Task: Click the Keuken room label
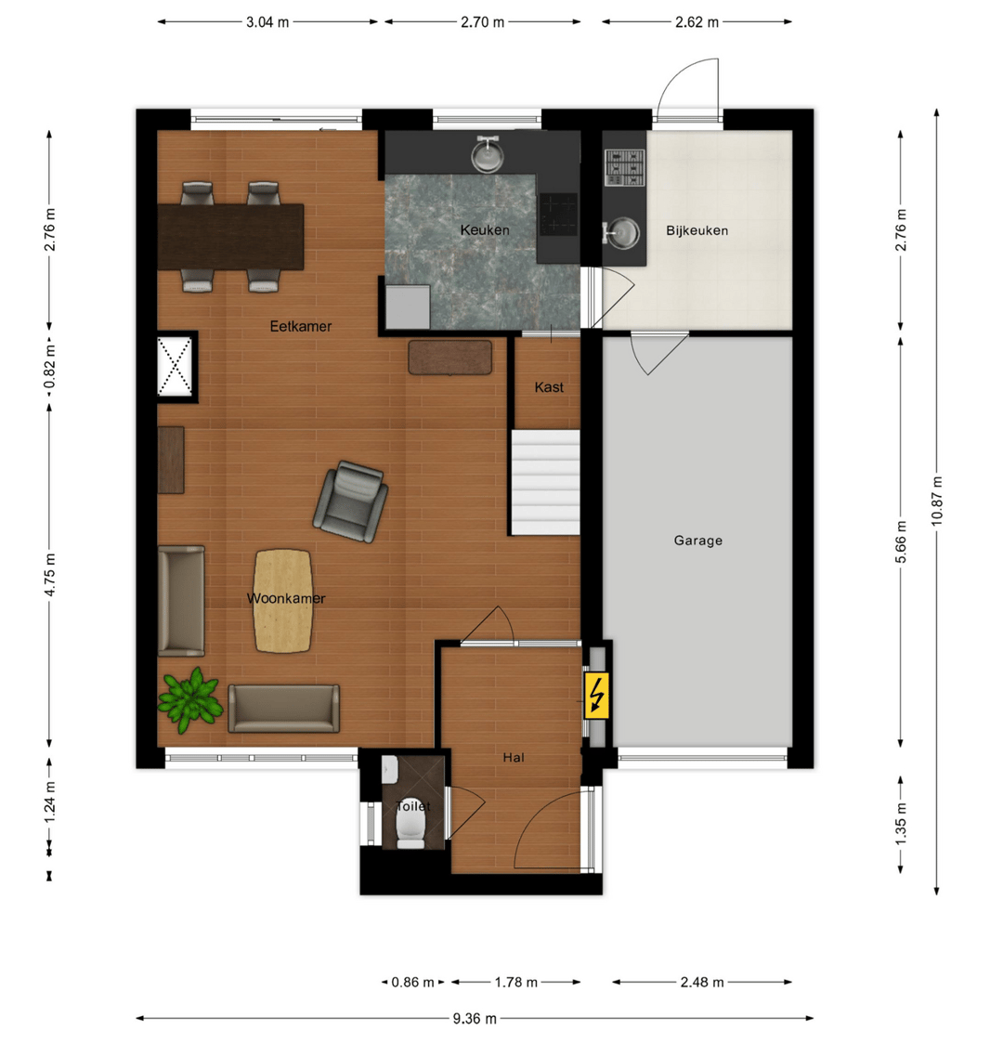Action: pyautogui.click(x=485, y=230)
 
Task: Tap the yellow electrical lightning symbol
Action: pyautogui.click(x=596, y=696)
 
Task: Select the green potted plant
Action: pyautogui.click(x=190, y=699)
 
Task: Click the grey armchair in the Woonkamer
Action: pyautogui.click(x=350, y=501)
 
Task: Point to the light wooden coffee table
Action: pyautogui.click(x=283, y=600)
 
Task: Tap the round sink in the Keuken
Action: pyautogui.click(x=488, y=154)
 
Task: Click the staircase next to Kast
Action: pyautogui.click(x=545, y=482)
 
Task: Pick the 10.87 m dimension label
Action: pyautogui.click(x=936, y=501)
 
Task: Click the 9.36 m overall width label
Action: pyautogui.click(x=475, y=1019)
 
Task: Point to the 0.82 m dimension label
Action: pyautogui.click(x=50, y=368)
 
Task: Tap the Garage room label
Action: pyautogui.click(x=697, y=541)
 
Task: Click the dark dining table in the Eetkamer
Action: pyautogui.click(x=231, y=237)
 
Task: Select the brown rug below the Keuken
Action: pyautogui.click(x=450, y=358)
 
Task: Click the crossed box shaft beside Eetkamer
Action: pyautogui.click(x=175, y=367)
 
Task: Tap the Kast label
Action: pyautogui.click(x=549, y=387)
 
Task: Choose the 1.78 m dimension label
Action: pyautogui.click(x=516, y=982)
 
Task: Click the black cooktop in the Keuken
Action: pyautogui.click(x=558, y=214)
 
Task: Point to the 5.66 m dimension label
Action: pyautogui.click(x=901, y=541)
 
